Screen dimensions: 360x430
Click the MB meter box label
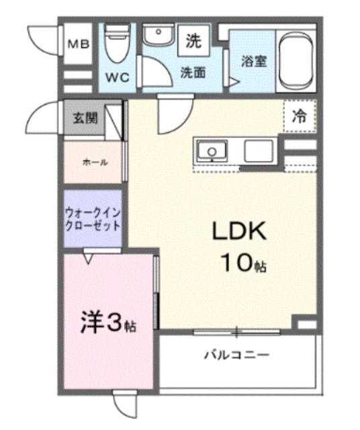coord(79,44)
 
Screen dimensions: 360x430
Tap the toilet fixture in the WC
coord(118,43)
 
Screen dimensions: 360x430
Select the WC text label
coord(118,78)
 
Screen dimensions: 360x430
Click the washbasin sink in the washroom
coord(159,34)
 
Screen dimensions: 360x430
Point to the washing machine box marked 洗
coord(193,40)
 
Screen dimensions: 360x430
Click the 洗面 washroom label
coord(193,73)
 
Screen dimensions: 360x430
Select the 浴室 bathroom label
coord(254,61)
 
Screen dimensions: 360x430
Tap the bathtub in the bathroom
coord(296,61)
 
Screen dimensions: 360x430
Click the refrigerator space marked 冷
coord(300,116)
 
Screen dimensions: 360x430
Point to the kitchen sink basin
coord(212,150)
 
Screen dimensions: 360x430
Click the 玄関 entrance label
coord(85,118)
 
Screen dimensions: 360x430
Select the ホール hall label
coord(95,163)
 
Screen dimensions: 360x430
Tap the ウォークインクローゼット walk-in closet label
coord(93,219)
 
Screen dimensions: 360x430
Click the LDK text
coord(239,231)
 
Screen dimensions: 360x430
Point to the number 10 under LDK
coord(238,262)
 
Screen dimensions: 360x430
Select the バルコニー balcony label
coord(237,355)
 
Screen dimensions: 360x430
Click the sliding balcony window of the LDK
coord(237,332)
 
